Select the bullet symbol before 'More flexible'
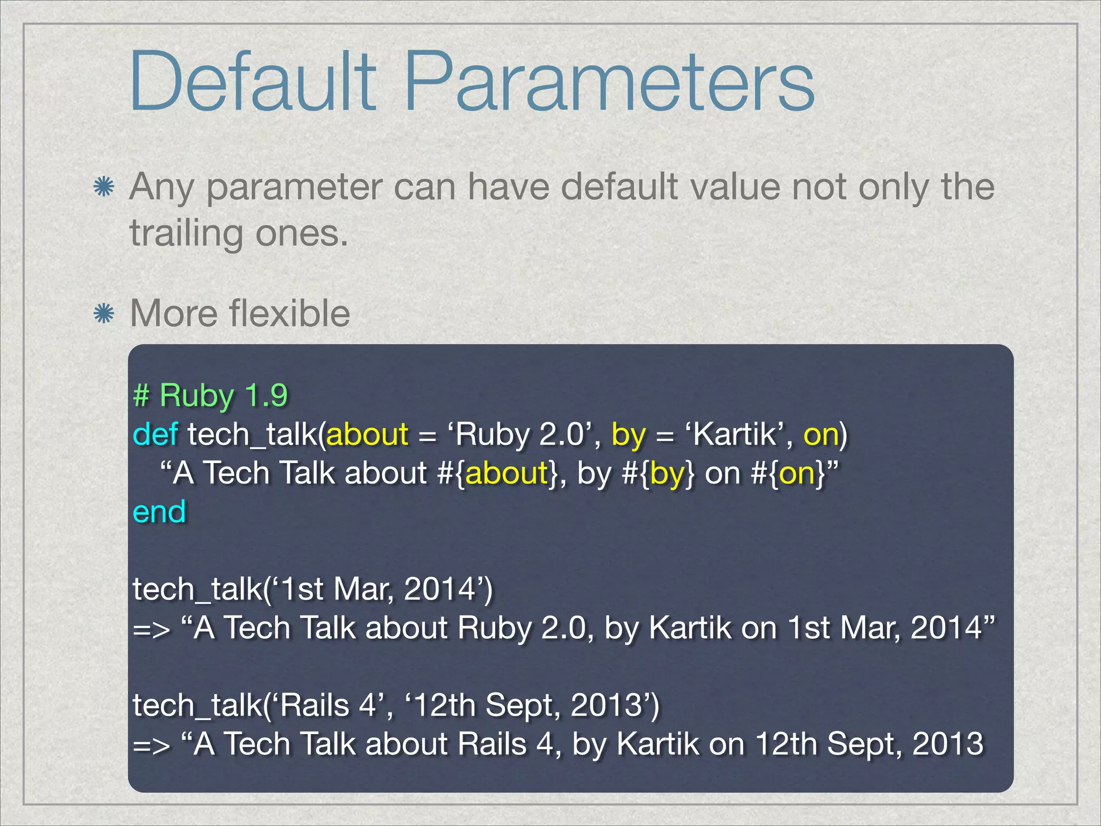point(103,314)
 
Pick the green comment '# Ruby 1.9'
point(210,395)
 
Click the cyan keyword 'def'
point(155,434)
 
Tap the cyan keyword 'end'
point(159,511)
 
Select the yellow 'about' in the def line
point(367,434)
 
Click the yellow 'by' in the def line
point(628,435)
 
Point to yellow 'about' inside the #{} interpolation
point(506,473)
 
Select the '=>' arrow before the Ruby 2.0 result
point(152,629)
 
